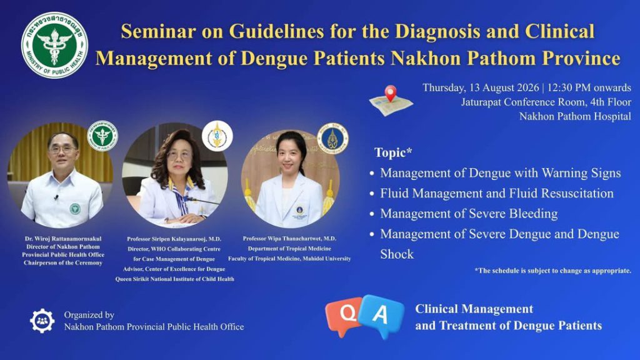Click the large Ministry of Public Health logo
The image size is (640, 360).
click(54, 45)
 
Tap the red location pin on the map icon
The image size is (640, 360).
click(391, 93)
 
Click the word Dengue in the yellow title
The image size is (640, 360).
click(275, 58)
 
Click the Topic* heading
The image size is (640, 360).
click(393, 152)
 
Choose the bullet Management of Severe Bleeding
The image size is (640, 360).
click(469, 214)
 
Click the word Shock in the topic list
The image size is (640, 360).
click(397, 254)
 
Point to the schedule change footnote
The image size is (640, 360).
click(552, 271)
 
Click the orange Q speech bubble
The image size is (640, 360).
click(344, 315)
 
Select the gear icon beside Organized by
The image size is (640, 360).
click(42, 321)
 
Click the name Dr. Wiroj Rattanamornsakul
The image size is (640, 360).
click(63, 239)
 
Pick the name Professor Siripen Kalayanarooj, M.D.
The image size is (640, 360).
click(174, 239)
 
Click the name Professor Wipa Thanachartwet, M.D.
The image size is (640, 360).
click(289, 238)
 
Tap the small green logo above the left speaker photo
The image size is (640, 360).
click(102, 136)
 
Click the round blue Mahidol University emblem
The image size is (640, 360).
click(332, 139)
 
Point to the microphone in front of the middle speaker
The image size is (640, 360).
click(199, 200)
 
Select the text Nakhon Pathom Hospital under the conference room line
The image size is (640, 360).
click(575, 116)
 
